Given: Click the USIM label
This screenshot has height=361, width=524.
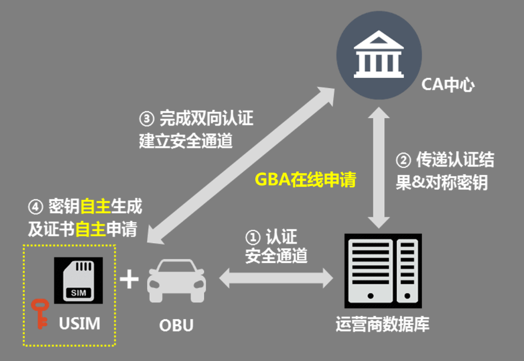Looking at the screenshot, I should point(80,323).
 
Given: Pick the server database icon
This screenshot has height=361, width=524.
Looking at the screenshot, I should point(383,272).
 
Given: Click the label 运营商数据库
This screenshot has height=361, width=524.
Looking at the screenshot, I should point(382,324).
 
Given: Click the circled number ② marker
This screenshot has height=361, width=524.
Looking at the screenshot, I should point(403,160).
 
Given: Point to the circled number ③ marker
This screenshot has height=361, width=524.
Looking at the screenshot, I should point(146,119).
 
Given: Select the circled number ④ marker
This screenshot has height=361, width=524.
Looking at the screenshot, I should point(36,207).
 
